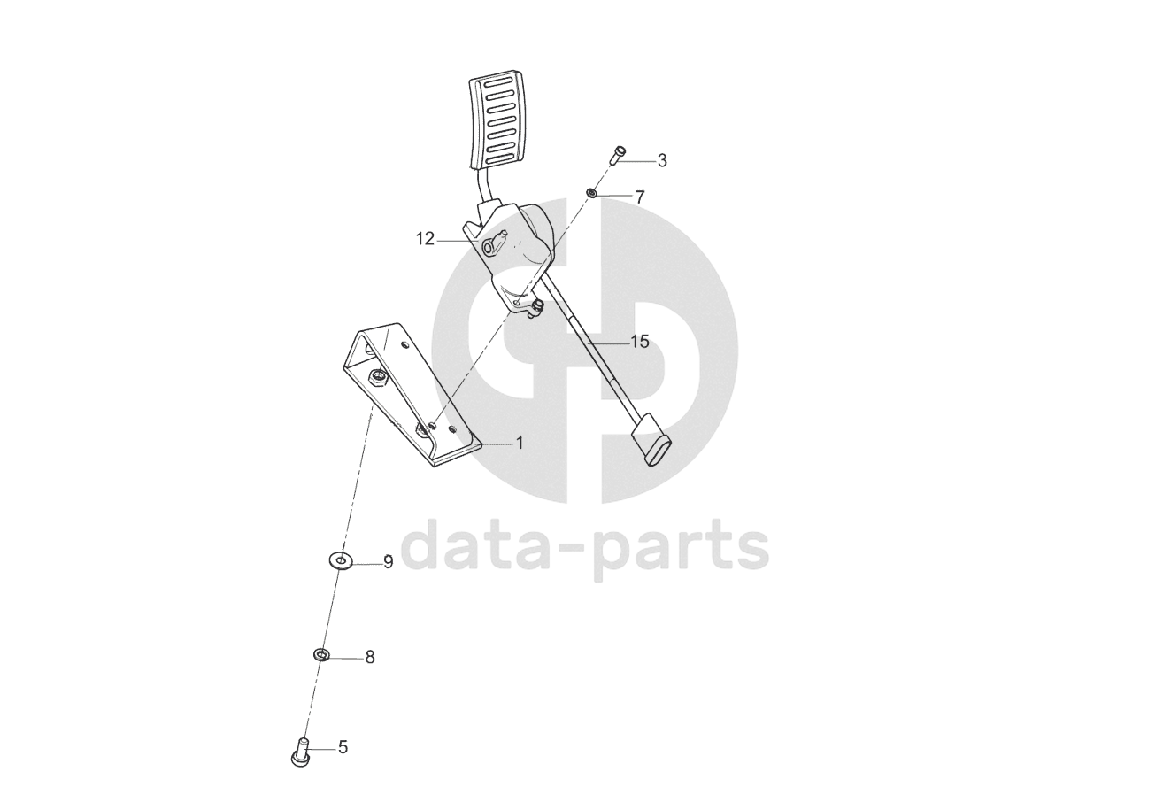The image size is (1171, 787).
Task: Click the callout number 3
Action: [662, 161]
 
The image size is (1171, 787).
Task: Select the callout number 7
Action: [640, 197]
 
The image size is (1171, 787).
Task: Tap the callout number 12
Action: [426, 239]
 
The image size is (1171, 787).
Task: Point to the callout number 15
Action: [640, 342]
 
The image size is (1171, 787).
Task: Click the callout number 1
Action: [520, 443]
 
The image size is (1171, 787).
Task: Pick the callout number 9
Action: [388, 562]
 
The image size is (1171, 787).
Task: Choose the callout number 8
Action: [370, 658]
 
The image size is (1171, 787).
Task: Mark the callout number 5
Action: [343, 748]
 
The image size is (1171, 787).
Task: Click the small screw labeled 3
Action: [619, 155]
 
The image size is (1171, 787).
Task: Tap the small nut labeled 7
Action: [592, 192]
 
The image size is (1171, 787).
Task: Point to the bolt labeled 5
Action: [299, 753]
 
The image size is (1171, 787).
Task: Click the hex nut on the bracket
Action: [377, 378]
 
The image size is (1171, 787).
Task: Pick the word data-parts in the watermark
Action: [585, 547]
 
